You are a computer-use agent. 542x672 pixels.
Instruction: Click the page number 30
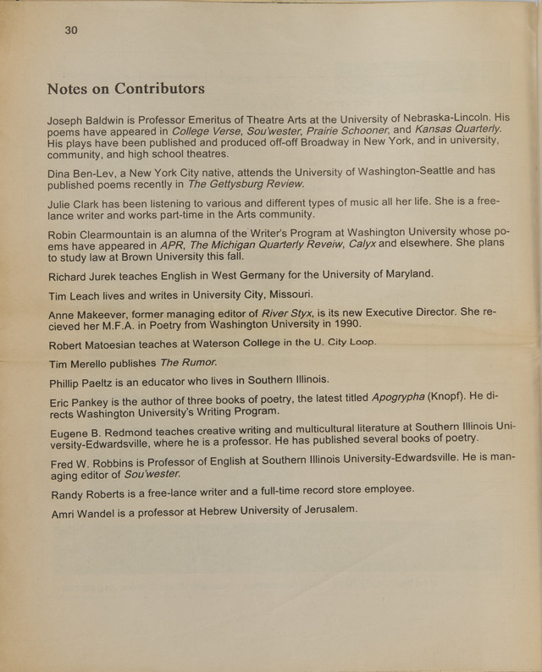pos(71,30)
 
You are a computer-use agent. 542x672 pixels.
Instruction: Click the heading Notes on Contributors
pos(125,89)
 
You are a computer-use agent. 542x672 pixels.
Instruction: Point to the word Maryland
pos(403,273)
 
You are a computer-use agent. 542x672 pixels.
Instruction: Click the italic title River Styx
pos(286,313)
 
